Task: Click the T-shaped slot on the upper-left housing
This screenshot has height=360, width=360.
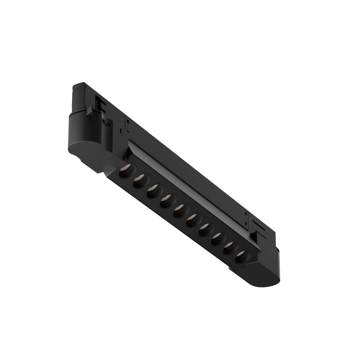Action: tap(99, 104)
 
